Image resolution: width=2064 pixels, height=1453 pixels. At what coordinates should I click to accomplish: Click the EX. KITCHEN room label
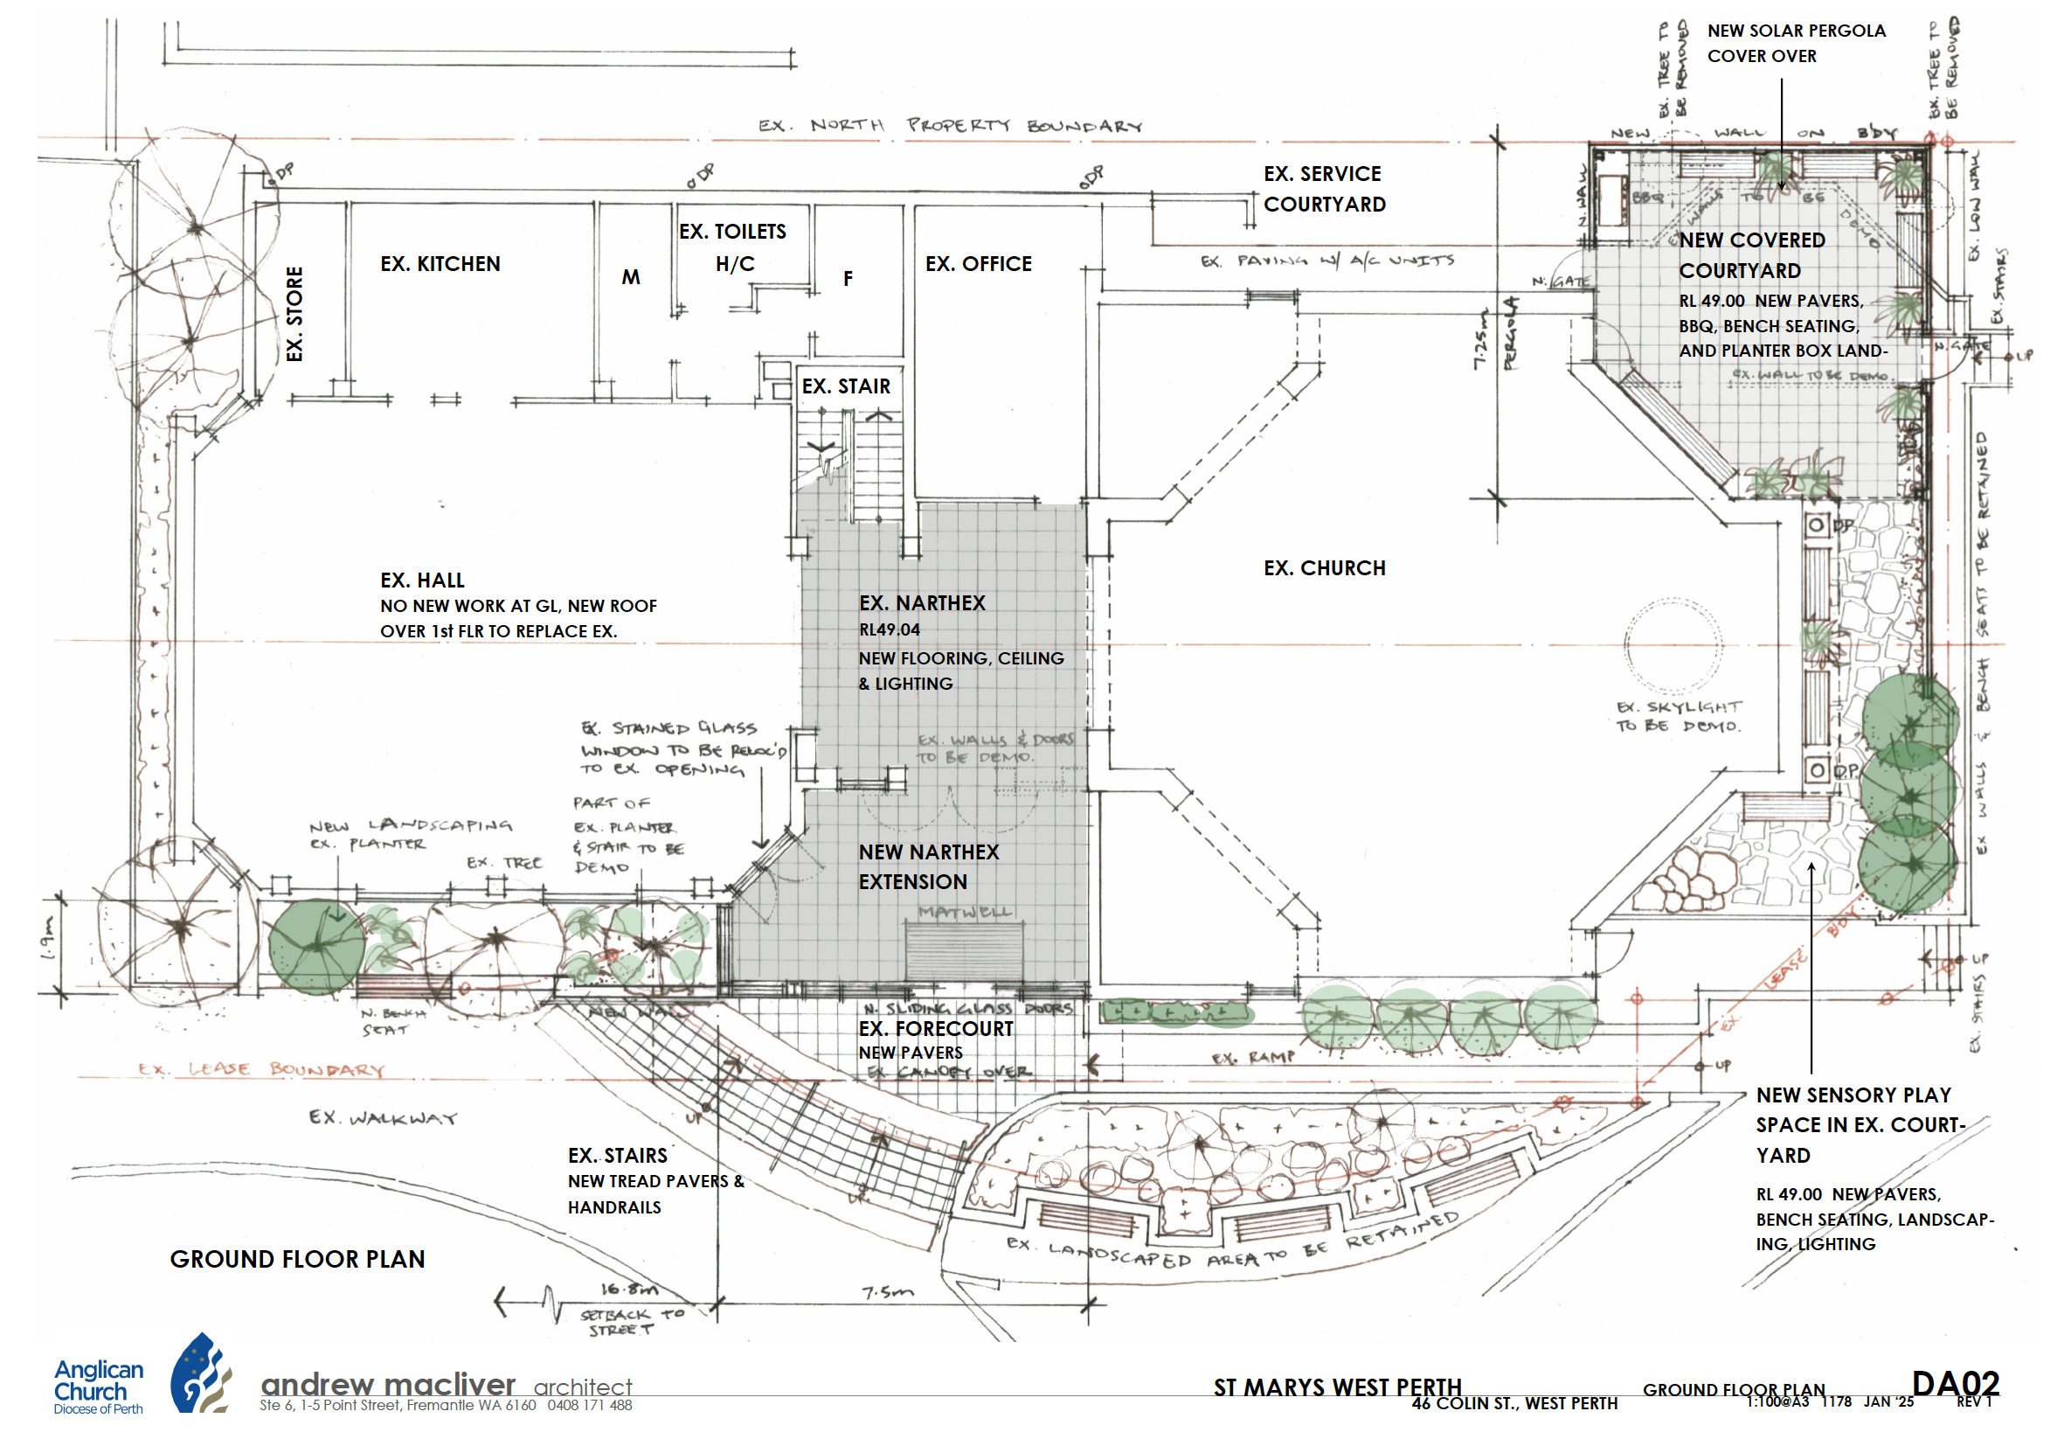coord(440,263)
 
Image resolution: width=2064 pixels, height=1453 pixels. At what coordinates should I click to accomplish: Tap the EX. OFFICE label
coord(978,263)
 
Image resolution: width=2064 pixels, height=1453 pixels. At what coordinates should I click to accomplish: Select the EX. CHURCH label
coord(1324,568)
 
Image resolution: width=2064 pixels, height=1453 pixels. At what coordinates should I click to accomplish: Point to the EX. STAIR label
coord(846,386)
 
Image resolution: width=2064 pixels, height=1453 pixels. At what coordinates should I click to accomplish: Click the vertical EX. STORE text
coord(294,314)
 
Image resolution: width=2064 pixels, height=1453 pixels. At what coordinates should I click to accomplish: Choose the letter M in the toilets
coord(631,277)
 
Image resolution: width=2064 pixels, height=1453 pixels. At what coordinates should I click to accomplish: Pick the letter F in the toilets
coord(848,279)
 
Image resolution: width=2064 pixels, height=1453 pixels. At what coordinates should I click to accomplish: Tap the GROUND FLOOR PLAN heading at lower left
coord(298,1259)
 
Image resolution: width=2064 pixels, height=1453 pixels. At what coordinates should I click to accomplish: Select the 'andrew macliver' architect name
coord(388,1384)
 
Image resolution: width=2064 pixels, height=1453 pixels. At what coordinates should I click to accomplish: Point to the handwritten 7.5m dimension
coord(887,1292)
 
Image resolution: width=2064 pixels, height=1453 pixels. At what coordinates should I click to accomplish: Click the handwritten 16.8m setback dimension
coord(629,1289)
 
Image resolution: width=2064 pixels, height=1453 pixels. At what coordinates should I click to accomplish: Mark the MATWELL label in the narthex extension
coord(966,912)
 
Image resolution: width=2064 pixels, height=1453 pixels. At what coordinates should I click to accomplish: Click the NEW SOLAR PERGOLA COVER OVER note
coord(1795,43)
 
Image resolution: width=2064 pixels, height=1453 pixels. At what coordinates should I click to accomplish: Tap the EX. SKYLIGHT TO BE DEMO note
coord(1679,716)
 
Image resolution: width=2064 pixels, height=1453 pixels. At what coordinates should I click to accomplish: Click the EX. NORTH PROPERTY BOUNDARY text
coord(949,125)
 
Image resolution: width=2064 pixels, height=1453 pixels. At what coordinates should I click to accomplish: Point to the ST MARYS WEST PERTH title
coord(1338,1387)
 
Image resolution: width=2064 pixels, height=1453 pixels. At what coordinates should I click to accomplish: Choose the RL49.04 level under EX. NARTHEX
coord(889,629)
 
